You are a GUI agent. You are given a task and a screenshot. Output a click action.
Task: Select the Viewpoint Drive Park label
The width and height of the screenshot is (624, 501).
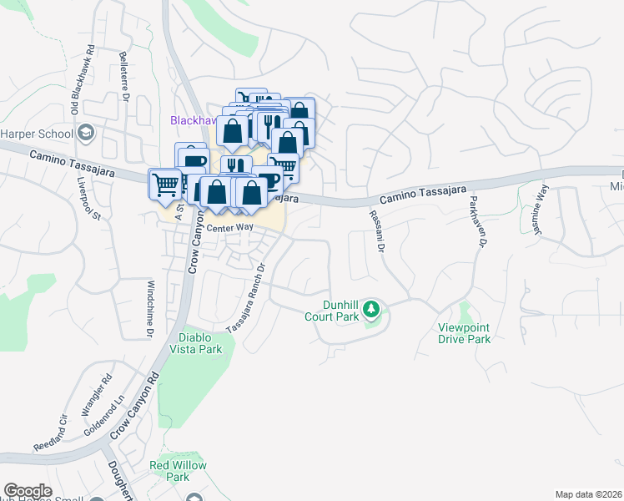(x=465, y=334)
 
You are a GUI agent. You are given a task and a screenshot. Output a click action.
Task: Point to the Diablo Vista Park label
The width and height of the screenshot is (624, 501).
(x=195, y=343)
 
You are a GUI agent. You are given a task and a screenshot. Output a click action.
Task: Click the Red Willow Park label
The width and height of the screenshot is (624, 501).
(x=171, y=471)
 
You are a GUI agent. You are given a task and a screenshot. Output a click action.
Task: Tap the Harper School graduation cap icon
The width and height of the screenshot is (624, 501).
(x=86, y=133)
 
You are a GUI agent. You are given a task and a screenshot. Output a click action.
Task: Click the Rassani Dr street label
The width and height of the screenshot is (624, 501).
(x=378, y=230)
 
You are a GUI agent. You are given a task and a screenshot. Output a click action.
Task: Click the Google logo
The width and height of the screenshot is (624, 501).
(x=28, y=491)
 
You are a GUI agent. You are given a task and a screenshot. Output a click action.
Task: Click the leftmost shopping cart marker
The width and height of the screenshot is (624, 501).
(x=165, y=185)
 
